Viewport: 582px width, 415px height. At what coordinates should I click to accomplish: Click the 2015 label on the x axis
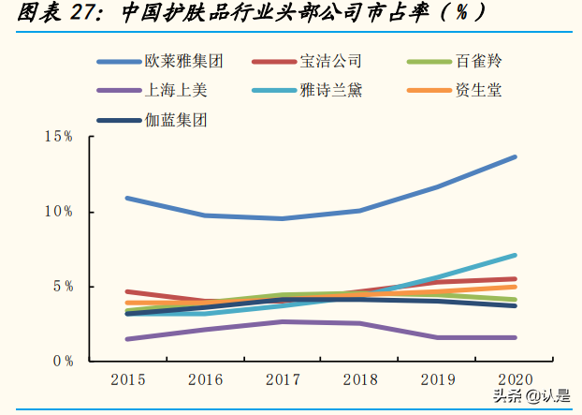[126, 380]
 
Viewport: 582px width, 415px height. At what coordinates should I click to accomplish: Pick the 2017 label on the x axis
[282, 380]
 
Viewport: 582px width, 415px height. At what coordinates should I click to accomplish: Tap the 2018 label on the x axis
[359, 380]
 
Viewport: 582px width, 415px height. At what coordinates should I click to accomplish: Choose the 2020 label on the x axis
[515, 380]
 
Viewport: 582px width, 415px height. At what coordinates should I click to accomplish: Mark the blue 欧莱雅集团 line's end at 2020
[515, 156]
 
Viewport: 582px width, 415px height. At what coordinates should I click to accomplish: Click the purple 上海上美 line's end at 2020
[515, 337]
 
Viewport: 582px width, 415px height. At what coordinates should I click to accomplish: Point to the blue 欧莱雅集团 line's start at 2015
[126, 198]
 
